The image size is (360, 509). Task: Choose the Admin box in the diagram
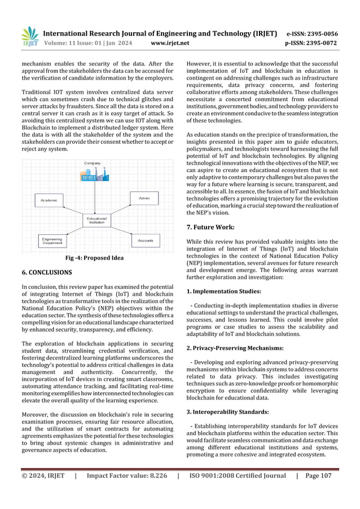144,198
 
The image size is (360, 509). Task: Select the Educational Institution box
96,220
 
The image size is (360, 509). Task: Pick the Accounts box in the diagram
145,241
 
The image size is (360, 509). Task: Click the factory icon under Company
93,175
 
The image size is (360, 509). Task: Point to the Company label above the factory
93,163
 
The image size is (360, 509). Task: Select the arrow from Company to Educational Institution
94,198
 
